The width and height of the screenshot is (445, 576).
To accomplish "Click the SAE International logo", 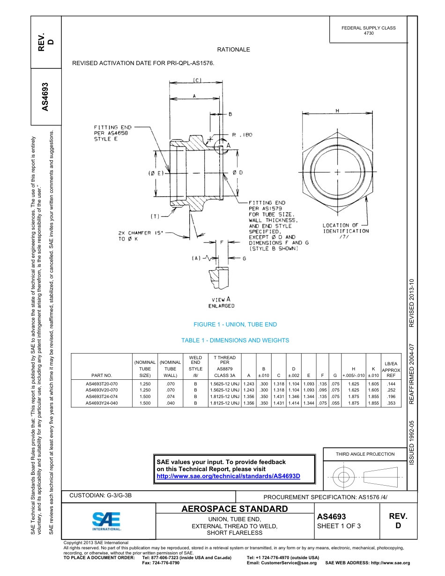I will [106, 521].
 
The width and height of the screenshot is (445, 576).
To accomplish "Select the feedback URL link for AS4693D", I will [228, 476].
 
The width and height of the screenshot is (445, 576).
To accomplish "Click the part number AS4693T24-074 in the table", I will [102, 396].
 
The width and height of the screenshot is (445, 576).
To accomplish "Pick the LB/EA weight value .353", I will [391, 403].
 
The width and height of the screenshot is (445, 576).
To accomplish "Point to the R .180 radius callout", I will [242, 135].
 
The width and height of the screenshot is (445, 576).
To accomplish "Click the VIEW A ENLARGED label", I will [221, 303].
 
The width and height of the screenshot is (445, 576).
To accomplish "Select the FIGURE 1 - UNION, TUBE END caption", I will [235, 325].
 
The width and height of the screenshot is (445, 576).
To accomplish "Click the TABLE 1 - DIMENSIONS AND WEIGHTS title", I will [235, 340].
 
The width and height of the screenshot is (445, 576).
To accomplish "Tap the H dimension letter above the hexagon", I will [337, 111].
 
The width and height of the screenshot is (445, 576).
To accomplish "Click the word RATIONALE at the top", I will [233, 50].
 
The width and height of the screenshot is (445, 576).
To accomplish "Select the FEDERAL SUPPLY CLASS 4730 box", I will [368, 30].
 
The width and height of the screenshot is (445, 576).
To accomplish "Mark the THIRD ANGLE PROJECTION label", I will [365, 454].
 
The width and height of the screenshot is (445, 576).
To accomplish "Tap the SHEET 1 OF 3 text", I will [339, 526].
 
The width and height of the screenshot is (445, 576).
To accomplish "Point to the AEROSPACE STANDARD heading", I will [235, 509].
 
